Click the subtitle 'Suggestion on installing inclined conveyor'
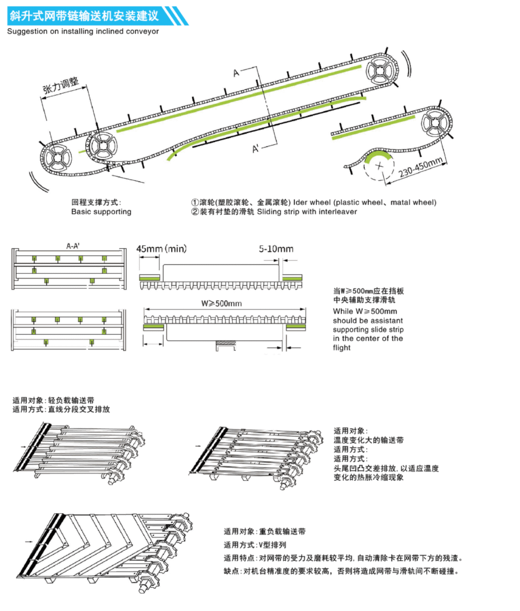click(x=83, y=31)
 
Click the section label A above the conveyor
click(x=236, y=73)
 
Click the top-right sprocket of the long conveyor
click(x=381, y=69)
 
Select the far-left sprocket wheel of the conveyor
click(x=57, y=159)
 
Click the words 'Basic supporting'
click(x=101, y=211)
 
